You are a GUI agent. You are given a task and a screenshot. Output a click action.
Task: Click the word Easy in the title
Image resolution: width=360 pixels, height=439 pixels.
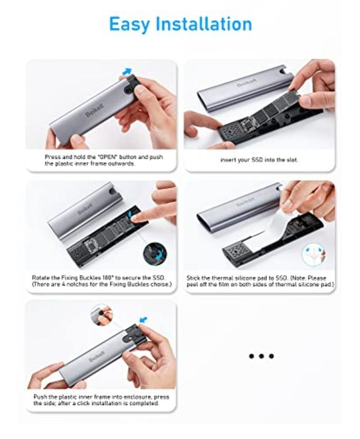coord(129,24)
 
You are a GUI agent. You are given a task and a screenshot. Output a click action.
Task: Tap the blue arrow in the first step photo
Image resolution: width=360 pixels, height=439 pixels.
coord(127,71)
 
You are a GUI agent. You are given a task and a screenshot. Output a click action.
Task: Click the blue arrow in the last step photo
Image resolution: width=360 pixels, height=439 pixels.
coord(143,320)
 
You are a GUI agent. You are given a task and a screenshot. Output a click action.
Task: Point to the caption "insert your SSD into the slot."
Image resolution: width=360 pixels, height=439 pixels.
coord(259,160)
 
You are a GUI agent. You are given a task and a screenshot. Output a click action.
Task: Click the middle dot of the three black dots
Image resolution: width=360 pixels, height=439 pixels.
coord(261,356)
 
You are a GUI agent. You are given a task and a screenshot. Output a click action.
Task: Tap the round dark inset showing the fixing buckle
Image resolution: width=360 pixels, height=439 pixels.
coord(155,254)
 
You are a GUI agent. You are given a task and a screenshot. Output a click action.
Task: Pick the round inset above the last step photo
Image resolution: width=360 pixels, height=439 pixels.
coord(102,315)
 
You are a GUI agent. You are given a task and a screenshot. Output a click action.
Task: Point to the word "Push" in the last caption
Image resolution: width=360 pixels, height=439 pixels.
coord(40,397)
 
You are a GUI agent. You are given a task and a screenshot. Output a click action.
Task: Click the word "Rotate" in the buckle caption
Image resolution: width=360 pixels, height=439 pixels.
coord(40,278)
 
